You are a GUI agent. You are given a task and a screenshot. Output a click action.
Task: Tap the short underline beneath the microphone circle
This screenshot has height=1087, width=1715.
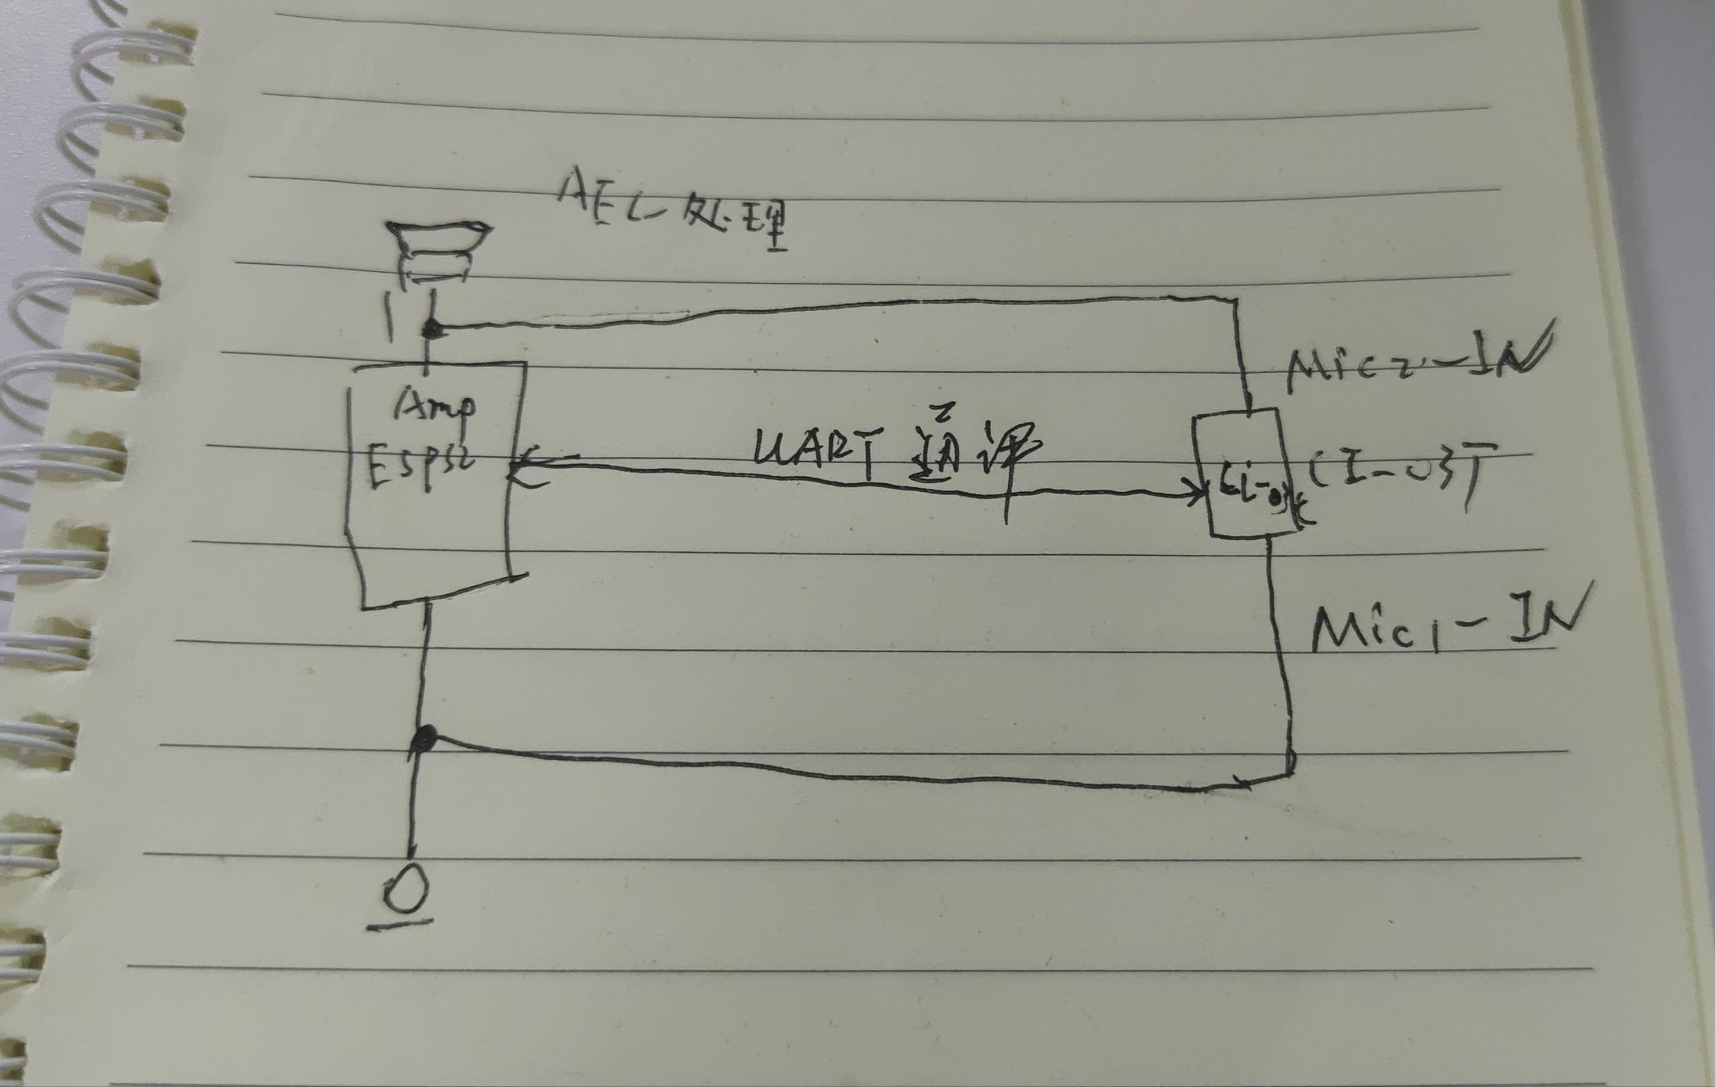point(399,925)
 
